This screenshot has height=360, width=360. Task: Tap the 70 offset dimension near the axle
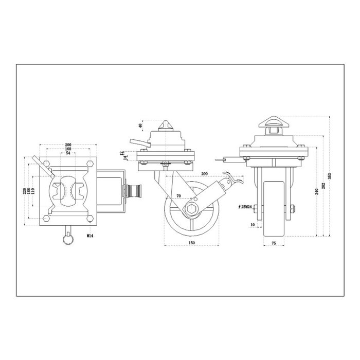tap(179, 196)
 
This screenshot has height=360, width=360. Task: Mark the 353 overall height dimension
tap(330, 175)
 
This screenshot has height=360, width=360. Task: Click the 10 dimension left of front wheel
tap(252, 225)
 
